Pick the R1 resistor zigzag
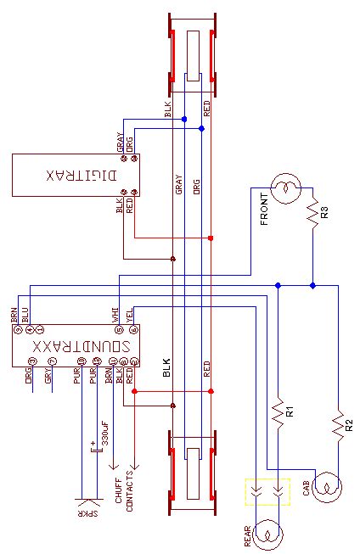(x=277, y=413)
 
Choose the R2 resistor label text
(x=348, y=422)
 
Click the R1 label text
(x=290, y=412)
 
